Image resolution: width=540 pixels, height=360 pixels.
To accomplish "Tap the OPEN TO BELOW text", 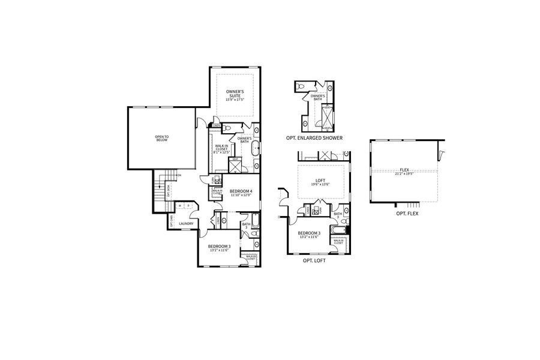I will pyautogui.click(x=162, y=137).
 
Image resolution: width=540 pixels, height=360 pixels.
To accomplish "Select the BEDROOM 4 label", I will pyautogui.click(x=241, y=190).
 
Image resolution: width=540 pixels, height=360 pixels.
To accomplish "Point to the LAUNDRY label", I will pyautogui.click(x=185, y=224).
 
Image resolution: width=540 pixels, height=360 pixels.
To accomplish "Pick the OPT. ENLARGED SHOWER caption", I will pyautogui.click(x=314, y=138).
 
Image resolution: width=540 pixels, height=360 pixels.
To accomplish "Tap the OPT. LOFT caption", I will pyautogui.click(x=314, y=262).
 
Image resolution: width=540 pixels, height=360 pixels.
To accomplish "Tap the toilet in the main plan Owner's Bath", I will pyautogui.click(x=225, y=128).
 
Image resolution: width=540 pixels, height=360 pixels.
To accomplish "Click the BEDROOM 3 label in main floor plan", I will pyautogui.click(x=220, y=246).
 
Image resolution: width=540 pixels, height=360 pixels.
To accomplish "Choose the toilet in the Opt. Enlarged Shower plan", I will pyautogui.click(x=301, y=87).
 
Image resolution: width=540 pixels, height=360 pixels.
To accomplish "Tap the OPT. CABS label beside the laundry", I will pyautogui.click(x=171, y=221).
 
